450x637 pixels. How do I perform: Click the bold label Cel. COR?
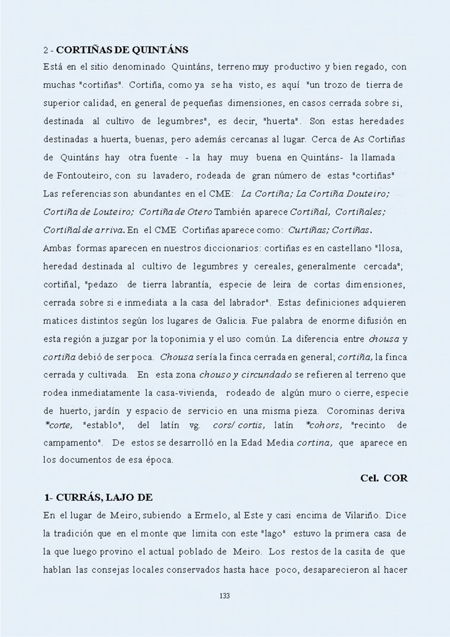pyautogui.click(x=384, y=478)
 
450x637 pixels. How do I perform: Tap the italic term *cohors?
pyautogui.click(x=323, y=424)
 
